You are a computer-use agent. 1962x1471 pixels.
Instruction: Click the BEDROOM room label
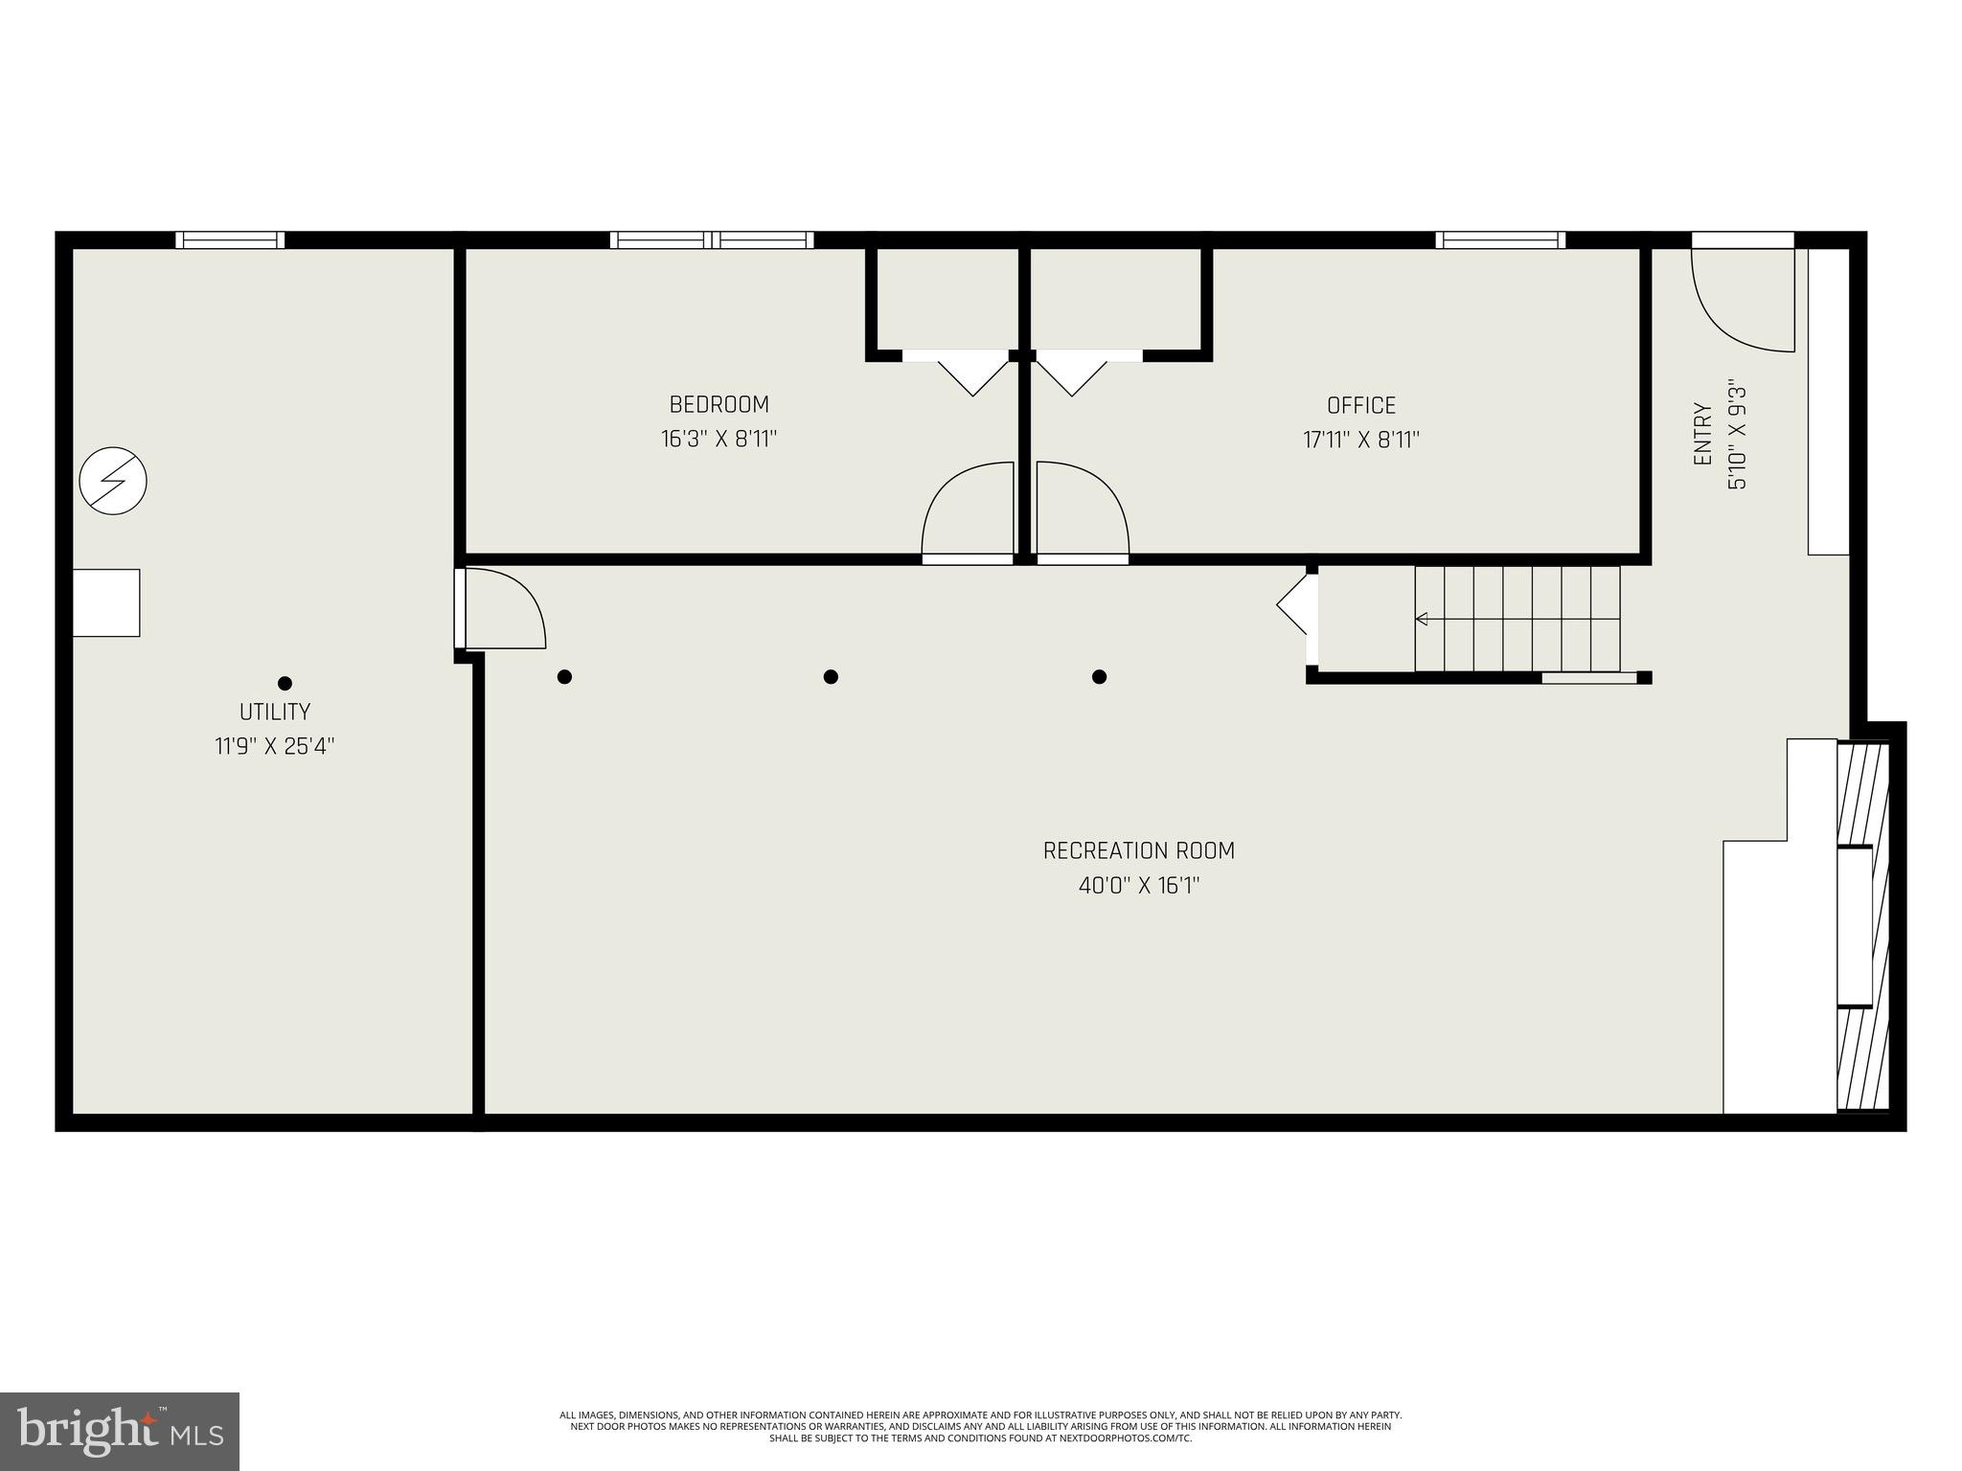(719, 404)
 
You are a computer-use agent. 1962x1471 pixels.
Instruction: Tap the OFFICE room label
(1360, 405)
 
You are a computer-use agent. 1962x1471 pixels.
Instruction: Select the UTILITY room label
(275, 712)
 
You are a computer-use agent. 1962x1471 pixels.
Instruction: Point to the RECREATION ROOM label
(1139, 850)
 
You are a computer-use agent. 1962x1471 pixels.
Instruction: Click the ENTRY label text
(1702, 434)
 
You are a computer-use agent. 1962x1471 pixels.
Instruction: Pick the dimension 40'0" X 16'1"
(1139, 886)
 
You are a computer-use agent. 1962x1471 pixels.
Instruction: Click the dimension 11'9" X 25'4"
(275, 746)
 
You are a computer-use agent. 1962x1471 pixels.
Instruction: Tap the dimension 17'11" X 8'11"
(1360, 440)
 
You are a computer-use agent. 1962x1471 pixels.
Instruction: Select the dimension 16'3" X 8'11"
(719, 439)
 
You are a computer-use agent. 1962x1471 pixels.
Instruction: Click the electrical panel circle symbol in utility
(113, 481)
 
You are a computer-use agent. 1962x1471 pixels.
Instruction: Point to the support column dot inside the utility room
(285, 683)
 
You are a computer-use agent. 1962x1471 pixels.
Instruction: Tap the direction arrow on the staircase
(1422, 618)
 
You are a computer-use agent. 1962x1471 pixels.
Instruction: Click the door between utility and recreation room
(500, 609)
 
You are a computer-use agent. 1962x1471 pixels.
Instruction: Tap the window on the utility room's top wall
(230, 239)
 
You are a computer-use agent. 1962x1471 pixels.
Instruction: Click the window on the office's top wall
(1500, 239)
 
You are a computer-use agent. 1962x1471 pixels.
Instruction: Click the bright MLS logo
(120, 1431)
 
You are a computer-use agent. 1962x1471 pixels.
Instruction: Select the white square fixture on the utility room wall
(106, 602)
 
